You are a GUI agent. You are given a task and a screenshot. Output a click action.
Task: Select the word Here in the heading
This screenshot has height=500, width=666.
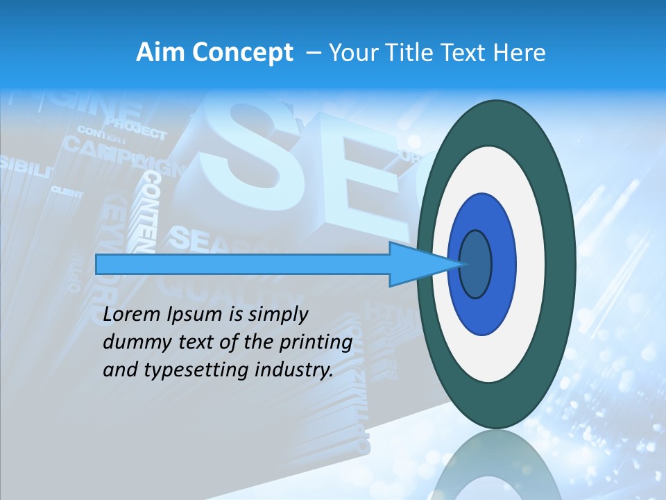pos(521,53)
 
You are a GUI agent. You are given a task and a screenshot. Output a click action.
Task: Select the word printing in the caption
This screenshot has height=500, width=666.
pos(318,343)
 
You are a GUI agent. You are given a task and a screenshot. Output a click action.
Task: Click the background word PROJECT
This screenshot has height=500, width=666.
pos(136,130)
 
